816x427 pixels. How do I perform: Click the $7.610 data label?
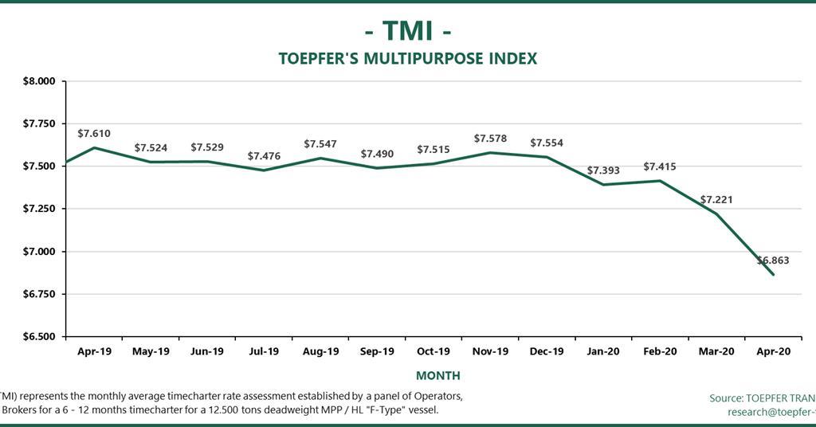(x=94, y=133)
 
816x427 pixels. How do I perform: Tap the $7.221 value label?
(x=716, y=199)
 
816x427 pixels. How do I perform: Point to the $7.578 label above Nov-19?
(x=490, y=139)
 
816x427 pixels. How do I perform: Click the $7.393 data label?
(x=603, y=170)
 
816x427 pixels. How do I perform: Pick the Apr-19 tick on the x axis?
(x=94, y=351)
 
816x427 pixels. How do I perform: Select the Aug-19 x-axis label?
(x=320, y=351)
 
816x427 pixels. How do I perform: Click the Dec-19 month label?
(x=547, y=351)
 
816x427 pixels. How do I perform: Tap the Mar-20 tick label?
(x=716, y=351)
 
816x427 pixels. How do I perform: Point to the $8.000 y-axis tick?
(x=38, y=81)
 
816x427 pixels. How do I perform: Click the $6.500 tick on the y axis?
(x=38, y=337)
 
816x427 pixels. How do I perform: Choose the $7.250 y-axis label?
(x=38, y=209)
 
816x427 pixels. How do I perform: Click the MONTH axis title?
(x=437, y=375)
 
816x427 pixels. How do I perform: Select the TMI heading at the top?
(x=407, y=30)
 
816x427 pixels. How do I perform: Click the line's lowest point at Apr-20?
(x=773, y=275)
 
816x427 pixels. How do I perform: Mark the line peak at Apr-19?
(x=94, y=147)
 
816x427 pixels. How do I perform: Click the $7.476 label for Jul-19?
(x=264, y=156)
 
